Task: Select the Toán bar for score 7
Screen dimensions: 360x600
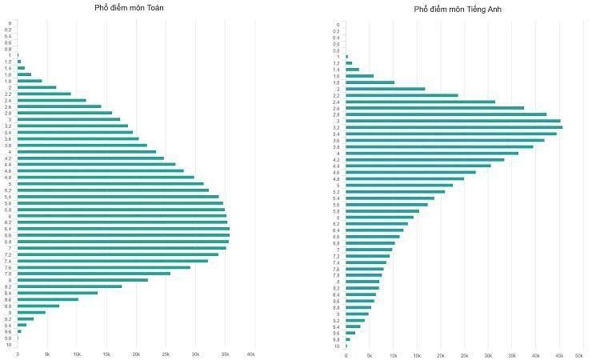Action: (x=120, y=248)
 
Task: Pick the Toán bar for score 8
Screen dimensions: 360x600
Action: (x=82, y=280)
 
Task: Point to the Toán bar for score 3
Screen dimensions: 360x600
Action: (x=68, y=119)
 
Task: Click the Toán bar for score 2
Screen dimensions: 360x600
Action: (x=36, y=87)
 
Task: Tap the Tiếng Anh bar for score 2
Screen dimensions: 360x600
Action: (x=385, y=89)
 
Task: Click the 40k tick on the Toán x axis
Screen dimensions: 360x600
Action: (x=250, y=354)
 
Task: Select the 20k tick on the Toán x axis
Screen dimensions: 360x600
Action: (x=136, y=354)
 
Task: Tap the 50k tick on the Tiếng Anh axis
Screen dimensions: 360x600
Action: (x=579, y=355)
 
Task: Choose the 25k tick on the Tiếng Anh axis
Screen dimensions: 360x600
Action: (x=464, y=355)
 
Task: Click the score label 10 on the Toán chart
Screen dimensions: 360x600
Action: (x=8, y=345)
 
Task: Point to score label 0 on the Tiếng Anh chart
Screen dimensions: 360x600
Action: (x=338, y=25)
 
